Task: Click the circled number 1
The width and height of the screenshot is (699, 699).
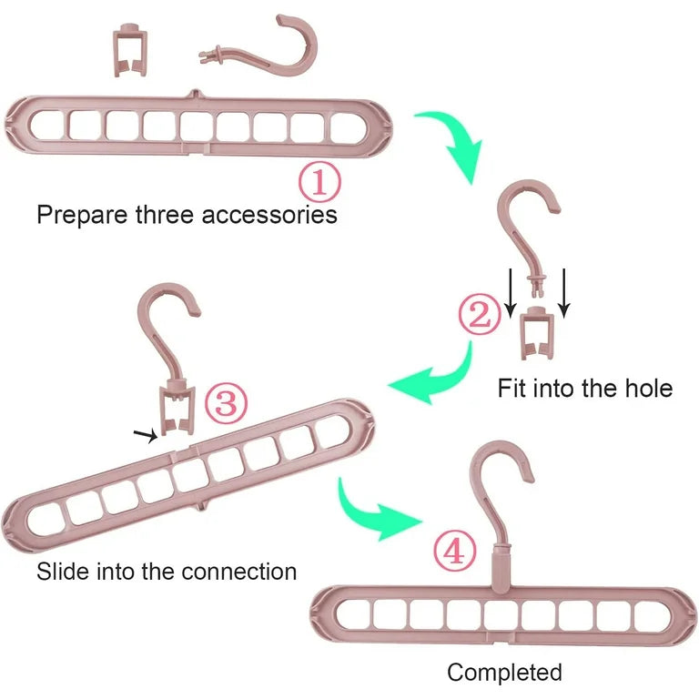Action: click(x=319, y=182)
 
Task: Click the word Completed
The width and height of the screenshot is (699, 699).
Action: click(x=504, y=673)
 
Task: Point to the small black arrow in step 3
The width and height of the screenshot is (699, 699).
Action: click(x=144, y=436)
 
